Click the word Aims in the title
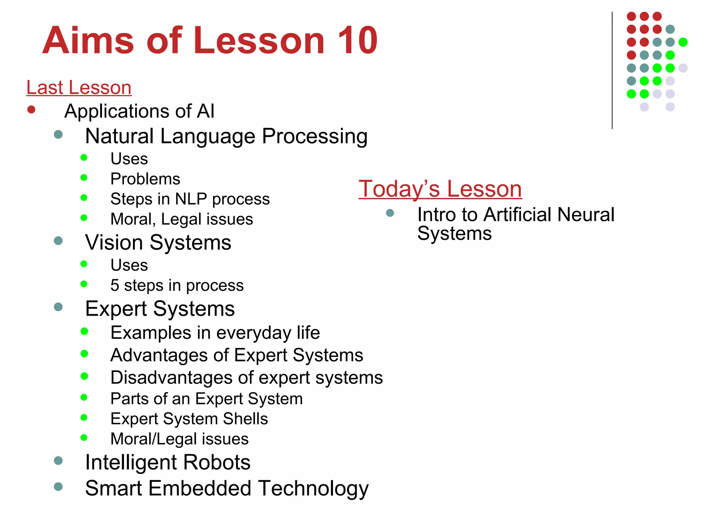pyautogui.click(x=88, y=41)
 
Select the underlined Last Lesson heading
pyautogui.click(x=79, y=87)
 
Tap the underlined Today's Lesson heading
pyautogui.click(x=440, y=189)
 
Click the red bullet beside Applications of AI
pyautogui.click(x=31, y=110)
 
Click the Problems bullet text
pyautogui.click(x=145, y=179)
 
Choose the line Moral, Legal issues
pyautogui.click(x=182, y=219)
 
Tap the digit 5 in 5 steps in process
pyautogui.click(x=115, y=285)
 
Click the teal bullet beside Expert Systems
pyautogui.click(x=58, y=307)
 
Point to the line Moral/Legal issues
pyautogui.click(x=180, y=439)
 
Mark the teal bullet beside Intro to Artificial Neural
pyautogui.click(x=390, y=213)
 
